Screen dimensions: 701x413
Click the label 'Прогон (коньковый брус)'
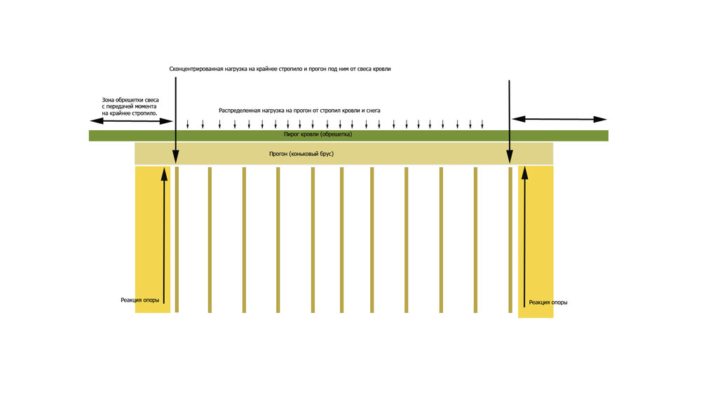point(301,154)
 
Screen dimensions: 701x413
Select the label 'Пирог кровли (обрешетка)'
point(318,134)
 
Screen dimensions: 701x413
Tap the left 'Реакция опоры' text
point(140,300)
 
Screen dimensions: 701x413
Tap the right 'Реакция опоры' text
point(548,302)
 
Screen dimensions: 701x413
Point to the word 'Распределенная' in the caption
point(239,111)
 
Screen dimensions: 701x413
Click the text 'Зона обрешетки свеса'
point(130,100)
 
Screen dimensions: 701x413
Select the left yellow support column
point(152,239)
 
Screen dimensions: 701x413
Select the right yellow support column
point(536,241)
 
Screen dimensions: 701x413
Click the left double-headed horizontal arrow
point(132,120)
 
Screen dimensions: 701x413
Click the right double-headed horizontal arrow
point(559,119)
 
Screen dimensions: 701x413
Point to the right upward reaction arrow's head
point(525,173)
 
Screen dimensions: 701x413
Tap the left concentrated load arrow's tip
point(176,163)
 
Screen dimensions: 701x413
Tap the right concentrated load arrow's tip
point(509,163)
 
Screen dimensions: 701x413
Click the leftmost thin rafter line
point(177,240)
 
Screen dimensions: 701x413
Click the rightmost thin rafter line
point(510,240)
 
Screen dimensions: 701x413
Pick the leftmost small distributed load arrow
point(188,124)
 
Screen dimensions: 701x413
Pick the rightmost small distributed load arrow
point(482,124)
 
